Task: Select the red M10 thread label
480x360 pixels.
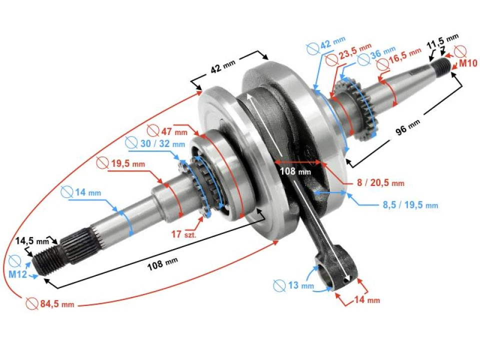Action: coord(468,63)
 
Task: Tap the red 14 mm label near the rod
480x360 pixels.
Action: coord(366,300)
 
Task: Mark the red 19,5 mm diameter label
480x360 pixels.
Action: coord(120,163)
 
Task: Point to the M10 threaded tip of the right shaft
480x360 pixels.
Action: coord(442,65)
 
